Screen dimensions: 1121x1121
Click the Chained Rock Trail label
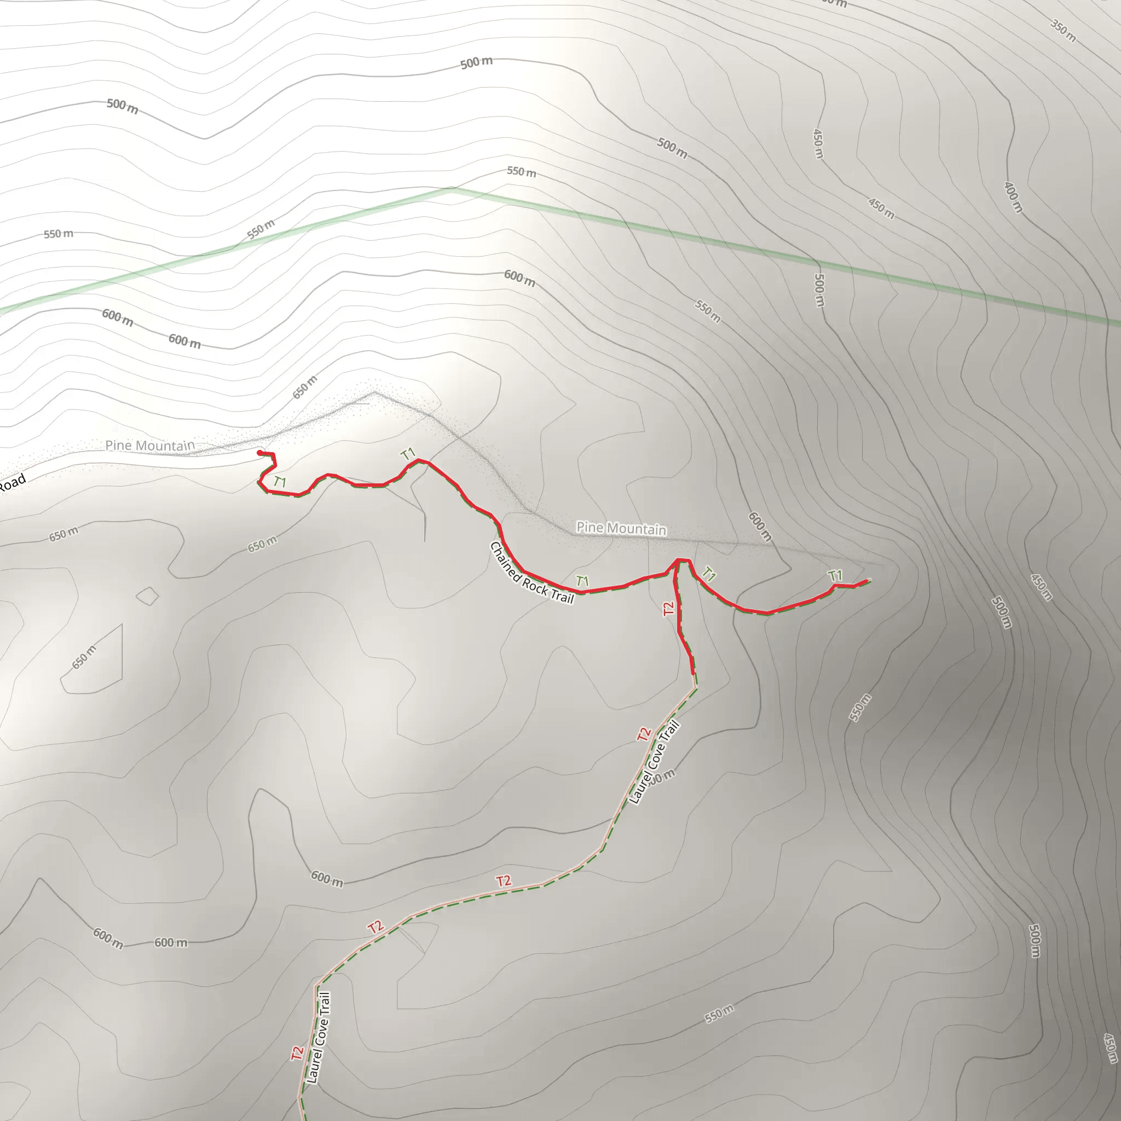[x=531, y=573]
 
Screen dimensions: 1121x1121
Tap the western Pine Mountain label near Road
[x=149, y=445]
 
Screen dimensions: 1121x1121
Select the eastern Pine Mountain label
[x=621, y=528]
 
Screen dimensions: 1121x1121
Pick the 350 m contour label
[x=1063, y=30]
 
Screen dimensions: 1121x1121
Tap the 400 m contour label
[x=1013, y=197]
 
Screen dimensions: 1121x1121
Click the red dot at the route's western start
[x=259, y=453]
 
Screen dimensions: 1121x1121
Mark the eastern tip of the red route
[x=867, y=581]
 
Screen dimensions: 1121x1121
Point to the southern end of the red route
[x=693, y=673]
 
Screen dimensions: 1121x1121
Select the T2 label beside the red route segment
[x=668, y=608]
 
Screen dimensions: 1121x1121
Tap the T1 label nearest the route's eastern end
[x=835, y=576]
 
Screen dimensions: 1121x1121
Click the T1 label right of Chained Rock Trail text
[x=582, y=581]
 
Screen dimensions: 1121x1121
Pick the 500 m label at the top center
[x=476, y=62]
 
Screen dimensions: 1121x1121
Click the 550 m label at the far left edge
[x=59, y=234]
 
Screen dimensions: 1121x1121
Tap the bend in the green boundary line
[x=452, y=189]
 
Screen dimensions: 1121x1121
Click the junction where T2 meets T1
[x=677, y=560]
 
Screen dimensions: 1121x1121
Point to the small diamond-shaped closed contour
[x=147, y=596]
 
